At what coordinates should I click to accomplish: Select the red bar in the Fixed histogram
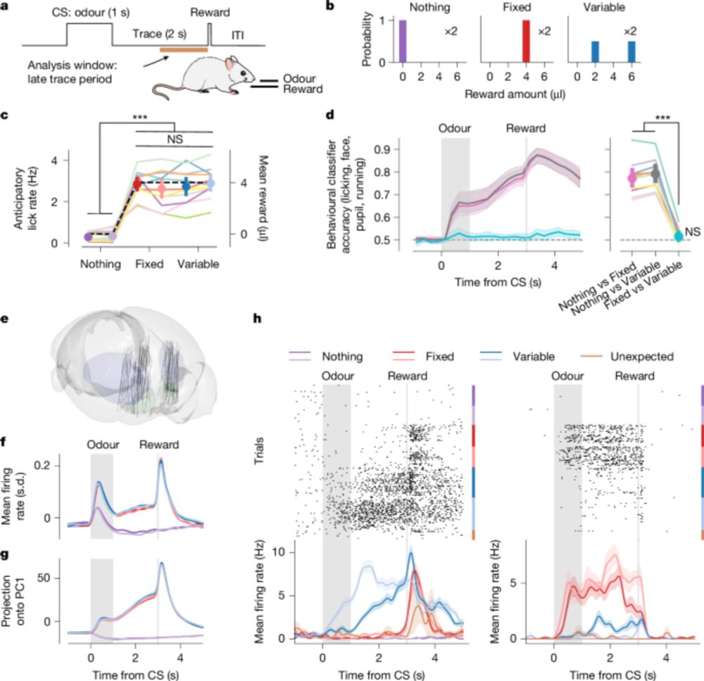click(524, 42)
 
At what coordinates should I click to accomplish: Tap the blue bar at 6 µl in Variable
click(630, 51)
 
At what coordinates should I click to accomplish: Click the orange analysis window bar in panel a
click(183, 49)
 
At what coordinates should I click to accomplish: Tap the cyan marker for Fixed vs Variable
click(677, 236)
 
